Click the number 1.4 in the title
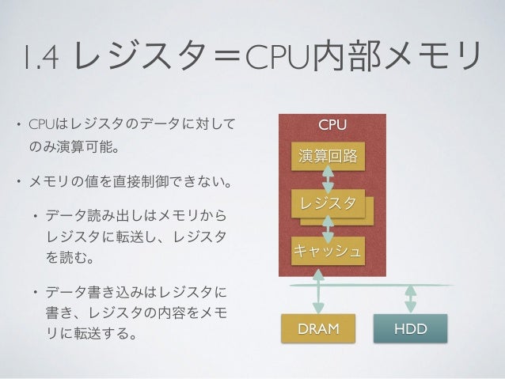[40, 56]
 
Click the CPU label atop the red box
[332, 125]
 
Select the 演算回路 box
[327, 156]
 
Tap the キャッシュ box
[328, 253]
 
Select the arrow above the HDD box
[410, 298]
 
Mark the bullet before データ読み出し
[33, 215]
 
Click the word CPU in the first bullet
[40, 125]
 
